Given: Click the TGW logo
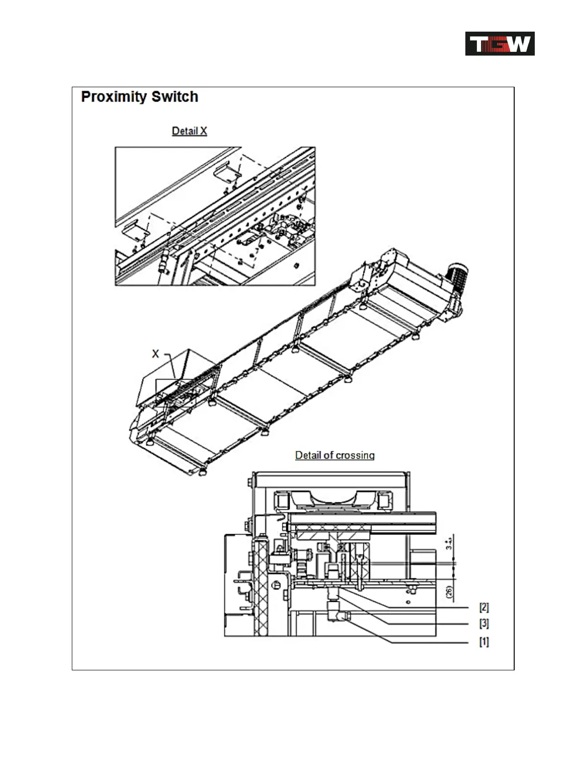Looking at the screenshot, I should (x=500, y=44).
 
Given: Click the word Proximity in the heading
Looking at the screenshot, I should (x=113, y=97).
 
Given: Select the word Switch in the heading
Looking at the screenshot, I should (x=175, y=97).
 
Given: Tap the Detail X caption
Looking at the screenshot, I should (x=189, y=131).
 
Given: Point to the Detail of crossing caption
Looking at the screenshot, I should (x=335, y=455).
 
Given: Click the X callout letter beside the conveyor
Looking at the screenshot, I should (x=155, y=354).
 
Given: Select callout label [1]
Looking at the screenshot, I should (x=484, y=642).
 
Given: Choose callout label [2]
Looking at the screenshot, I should (x=484, y=607).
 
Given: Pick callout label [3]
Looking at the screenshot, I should (x=484, y=623).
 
